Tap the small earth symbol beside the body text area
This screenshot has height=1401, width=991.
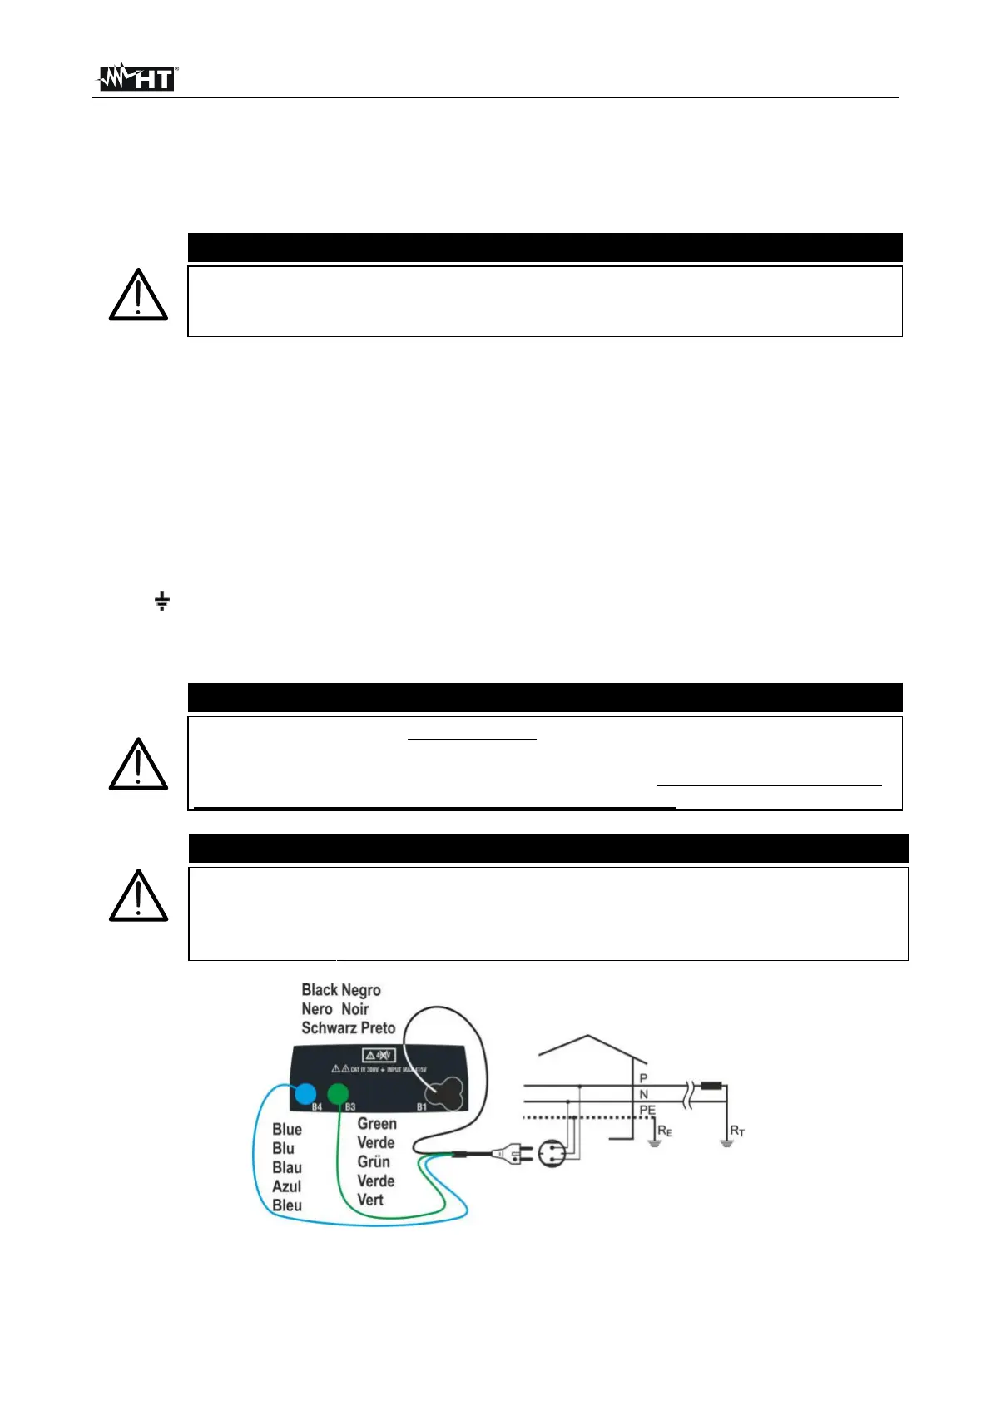[x=162, y=600]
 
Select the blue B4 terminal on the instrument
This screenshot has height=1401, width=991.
[x=305, y=1094]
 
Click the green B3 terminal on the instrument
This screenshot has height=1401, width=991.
[x=338, y=1093]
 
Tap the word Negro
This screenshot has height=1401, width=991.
[x=361, y=990]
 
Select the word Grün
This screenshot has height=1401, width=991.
[x=374, y=1162]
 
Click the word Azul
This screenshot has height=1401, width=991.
[x=286, y=1187]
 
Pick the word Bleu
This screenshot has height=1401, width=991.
[x=287, y=1206]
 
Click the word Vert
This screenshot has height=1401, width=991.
[x=370, y=1201]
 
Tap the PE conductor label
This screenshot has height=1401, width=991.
[x=647, y=1111]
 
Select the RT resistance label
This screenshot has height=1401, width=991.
[x=737, y=1131]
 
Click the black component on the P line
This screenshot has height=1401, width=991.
[x=711, y=1086]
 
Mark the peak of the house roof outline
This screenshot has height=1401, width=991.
[x=588, y=1036]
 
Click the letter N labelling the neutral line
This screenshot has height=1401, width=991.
[x=643, y=1095]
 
